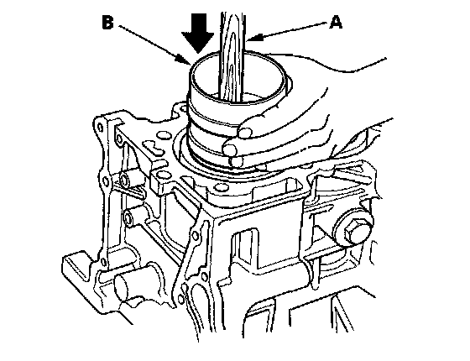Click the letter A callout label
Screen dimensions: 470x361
(336, 23)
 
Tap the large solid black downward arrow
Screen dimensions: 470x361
(198, 33)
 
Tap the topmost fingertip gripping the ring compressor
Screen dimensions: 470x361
(244, 133)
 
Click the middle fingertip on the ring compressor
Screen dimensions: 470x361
(231, 149)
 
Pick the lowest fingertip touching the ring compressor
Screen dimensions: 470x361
(237, 162)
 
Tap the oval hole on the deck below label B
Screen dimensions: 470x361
(164, 135)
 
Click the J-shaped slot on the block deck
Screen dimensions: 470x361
(154, 146)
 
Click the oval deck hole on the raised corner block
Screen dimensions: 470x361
(162, 174)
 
